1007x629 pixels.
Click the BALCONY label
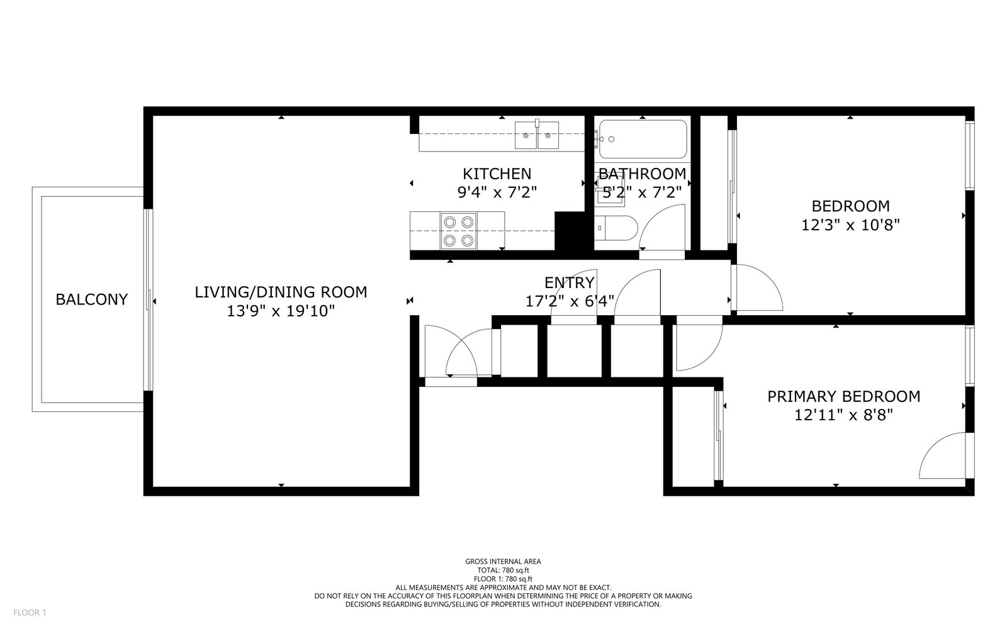(x=92, y=299)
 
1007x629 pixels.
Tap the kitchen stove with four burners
(x=459, y=230)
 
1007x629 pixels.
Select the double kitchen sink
(x=537, y=135)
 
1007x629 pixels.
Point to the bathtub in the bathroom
(x=643, y=139)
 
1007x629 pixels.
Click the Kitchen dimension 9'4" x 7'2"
(x=497, y=192)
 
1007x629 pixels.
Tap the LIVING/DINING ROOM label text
(x=281, y=292)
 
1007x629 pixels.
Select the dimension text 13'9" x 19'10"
(x=281, y=311)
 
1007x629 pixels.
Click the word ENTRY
(x=570, y=282)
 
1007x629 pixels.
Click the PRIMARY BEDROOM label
(x=844, y=397)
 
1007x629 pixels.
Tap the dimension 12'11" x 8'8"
(x=844, y=415)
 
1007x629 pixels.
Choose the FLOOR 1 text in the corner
(x=30, y=613)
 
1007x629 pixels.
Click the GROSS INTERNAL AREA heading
(x=503, y=562)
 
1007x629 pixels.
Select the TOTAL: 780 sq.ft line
(x=503, y=571)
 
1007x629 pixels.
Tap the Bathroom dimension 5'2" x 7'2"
(x=643, y=192)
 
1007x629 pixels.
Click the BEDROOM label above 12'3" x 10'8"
(x=850, y=206)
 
